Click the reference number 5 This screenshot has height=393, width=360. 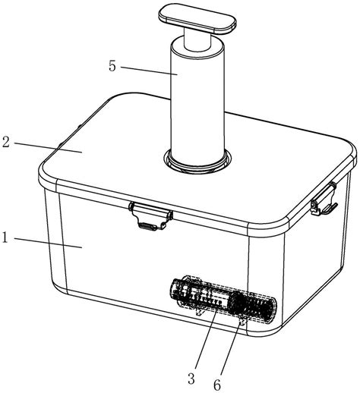(x=112, y=66)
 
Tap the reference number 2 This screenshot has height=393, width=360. (x=6, y=142)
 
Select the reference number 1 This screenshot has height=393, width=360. (x=5, y=237)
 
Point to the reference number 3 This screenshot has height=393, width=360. (x=191, y=379)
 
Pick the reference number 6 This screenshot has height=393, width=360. (x=217, y=385)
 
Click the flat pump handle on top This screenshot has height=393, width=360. (x=197, y=19)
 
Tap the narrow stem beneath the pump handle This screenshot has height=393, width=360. (x=197, y=39)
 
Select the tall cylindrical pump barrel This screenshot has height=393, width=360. (x=197, y=101)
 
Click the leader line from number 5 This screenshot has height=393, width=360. (x=149, y=71)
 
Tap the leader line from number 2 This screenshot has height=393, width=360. (x=48, y=147)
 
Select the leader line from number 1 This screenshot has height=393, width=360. (x=48, y=243)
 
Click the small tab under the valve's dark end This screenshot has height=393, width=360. (x=242, y=322)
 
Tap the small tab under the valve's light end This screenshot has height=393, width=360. (x=200, y=312)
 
